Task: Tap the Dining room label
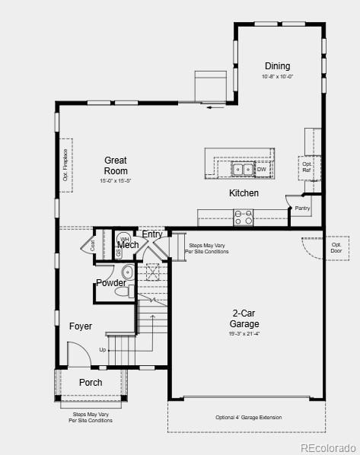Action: click(277, 66)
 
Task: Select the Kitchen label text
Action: click(244, 193)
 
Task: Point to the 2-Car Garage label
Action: click(244, 318)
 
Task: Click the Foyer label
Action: click(81, 326)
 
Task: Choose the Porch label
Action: click(91, 383)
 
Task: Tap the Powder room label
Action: click(110, 283)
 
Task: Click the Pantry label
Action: click(302, 208)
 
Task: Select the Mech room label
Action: click(128, 245)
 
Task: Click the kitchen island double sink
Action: click(243, 169)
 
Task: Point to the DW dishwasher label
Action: click(261, 170)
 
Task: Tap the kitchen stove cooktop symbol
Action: click(244, 217)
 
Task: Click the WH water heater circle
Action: click(124, 239)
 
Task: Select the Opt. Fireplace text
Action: click(65, 164)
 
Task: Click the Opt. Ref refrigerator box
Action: click(307, 167)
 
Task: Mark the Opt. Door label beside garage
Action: click(336, 247)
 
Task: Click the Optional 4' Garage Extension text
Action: click(248, 417)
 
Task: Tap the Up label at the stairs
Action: click(103, 350)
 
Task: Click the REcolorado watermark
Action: click(327, 447)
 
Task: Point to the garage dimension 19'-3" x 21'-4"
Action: click(244, 333)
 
